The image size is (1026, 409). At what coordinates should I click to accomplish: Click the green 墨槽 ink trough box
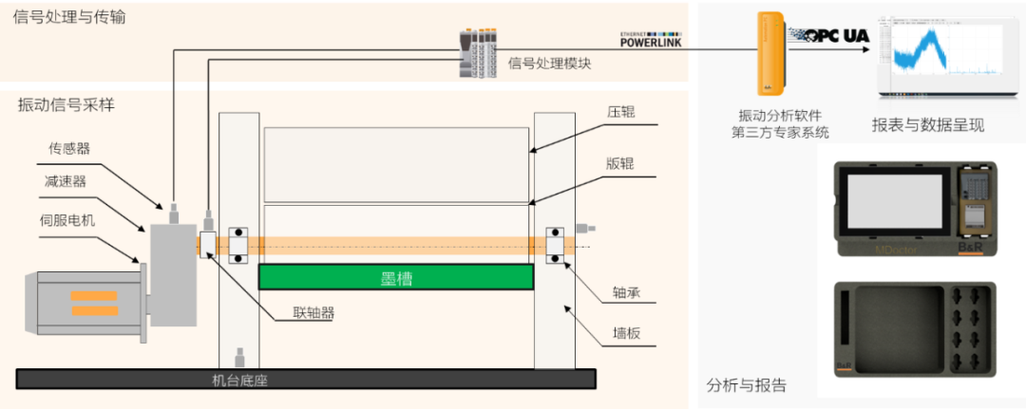[x=395, y=277]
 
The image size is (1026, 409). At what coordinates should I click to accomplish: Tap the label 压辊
[x=620, y=112]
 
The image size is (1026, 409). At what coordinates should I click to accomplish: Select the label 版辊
[x=620, y=162]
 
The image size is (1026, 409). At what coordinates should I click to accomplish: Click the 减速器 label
[x=65, y=181]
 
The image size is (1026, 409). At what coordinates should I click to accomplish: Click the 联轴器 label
[x=313, y=312]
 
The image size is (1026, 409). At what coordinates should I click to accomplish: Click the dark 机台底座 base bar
[x=306, y=380]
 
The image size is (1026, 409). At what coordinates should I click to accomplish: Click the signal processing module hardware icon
[x=477, y=53]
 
